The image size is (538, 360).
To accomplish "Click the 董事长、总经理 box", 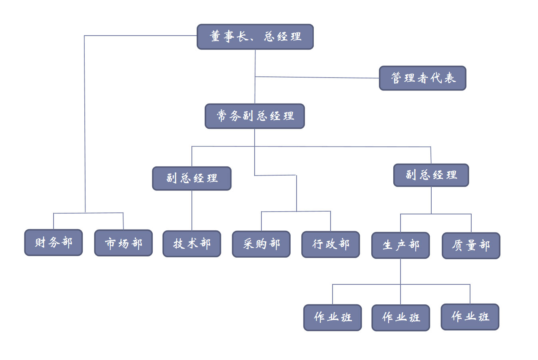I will click(255, 37).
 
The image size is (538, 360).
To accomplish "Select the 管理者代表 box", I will click(422, 78).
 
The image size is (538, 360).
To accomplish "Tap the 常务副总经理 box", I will click(255, 116).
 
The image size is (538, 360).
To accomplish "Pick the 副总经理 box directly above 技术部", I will click(192, 178).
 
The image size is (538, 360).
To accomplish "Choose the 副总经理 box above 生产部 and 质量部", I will click(431, 175).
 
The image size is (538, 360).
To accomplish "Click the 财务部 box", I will click(54, 242).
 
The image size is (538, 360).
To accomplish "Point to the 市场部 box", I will click(124, 243).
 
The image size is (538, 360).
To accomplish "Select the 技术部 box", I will click(192, 244).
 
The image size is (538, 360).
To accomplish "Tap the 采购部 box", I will click(261, 244).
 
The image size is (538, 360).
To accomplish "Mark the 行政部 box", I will click(331, 244).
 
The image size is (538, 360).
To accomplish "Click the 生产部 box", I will click(401, 245).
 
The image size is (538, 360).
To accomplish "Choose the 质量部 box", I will click(471, 246).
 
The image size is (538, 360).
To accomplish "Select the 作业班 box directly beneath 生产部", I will click(401, 318).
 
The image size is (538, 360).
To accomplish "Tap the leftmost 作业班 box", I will click(333, 318).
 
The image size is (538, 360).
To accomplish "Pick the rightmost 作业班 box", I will click(470, 317).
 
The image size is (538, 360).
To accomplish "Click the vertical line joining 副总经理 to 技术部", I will click(192, 210).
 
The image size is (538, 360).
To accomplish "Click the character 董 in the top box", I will click(215, 36).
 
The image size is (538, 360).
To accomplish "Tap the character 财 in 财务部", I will click(40, 242).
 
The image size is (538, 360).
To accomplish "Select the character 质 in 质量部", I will click(457, 245).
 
